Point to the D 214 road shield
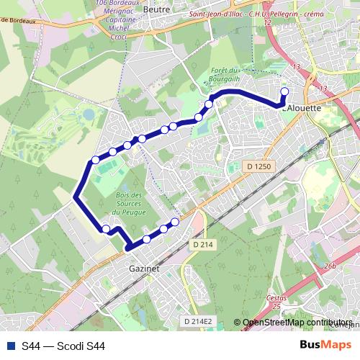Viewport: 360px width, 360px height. coord(204,245)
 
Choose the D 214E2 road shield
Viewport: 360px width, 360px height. coord(199,321)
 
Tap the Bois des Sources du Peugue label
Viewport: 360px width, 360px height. coord(130,204)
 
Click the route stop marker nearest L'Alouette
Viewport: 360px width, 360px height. coord(284,91)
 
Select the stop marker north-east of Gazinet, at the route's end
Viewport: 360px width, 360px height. coord(174,222)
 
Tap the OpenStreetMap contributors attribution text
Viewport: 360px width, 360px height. coord(297,323)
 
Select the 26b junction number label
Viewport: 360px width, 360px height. coord(330,266)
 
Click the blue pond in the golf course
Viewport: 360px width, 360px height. coord(88,114)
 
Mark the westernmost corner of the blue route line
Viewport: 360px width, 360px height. coord(76,196)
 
